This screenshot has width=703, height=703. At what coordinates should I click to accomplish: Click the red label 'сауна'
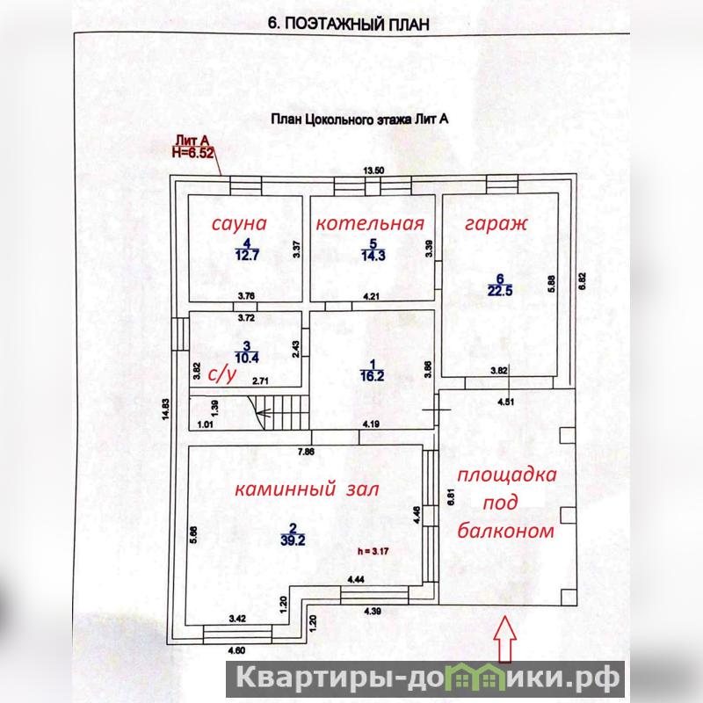point(239,223)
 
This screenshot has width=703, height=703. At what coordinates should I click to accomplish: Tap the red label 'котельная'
point(370,223)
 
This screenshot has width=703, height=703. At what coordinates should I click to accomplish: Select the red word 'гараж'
point(496,224)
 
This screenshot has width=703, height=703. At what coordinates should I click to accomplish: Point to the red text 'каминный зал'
point(307,489)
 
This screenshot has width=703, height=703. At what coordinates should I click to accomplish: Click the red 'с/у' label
point(221,375)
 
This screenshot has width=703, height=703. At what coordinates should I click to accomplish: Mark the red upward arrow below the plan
point(504,639)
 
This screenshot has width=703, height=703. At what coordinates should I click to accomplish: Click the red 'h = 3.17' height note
point(373,551)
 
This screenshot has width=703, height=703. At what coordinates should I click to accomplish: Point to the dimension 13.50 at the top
point(373,170)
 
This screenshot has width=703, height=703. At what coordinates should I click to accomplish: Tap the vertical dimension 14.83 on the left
point(166,409)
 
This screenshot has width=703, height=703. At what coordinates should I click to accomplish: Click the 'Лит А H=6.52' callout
point(192,147)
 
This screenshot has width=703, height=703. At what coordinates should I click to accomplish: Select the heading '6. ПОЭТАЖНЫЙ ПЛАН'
point(348,24)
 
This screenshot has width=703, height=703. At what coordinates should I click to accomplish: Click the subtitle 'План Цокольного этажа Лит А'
point(359,120)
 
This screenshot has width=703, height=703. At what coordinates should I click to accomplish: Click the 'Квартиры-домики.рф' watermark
point(426,678)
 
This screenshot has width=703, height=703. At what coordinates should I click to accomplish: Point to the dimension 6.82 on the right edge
point(582,281)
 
